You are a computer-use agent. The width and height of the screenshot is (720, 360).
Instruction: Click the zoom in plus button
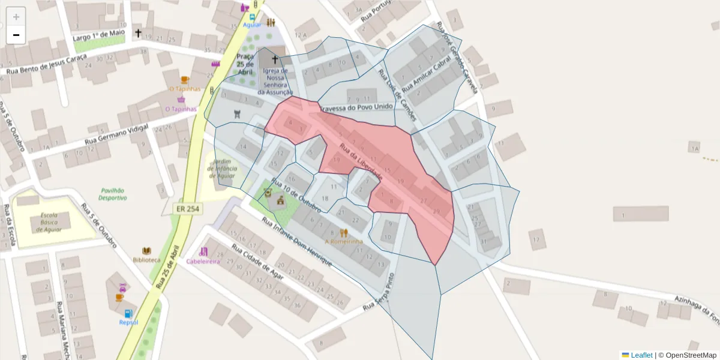pos(16,17)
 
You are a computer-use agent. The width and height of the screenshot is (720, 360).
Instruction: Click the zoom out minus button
pos(16,35)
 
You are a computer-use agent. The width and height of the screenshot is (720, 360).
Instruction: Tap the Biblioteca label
pos(146,260)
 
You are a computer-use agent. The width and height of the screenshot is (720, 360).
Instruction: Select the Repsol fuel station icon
pos(128,313)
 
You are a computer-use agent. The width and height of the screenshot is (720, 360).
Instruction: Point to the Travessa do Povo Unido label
pos(357,107)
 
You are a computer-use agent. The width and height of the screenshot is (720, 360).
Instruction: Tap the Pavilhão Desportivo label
pos(113,194)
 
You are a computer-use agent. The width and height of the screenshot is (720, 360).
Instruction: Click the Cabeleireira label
pos(203,261)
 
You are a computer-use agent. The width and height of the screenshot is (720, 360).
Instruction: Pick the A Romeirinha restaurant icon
pos(343,233)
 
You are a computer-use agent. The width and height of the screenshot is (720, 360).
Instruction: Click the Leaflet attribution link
pos(641,355)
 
